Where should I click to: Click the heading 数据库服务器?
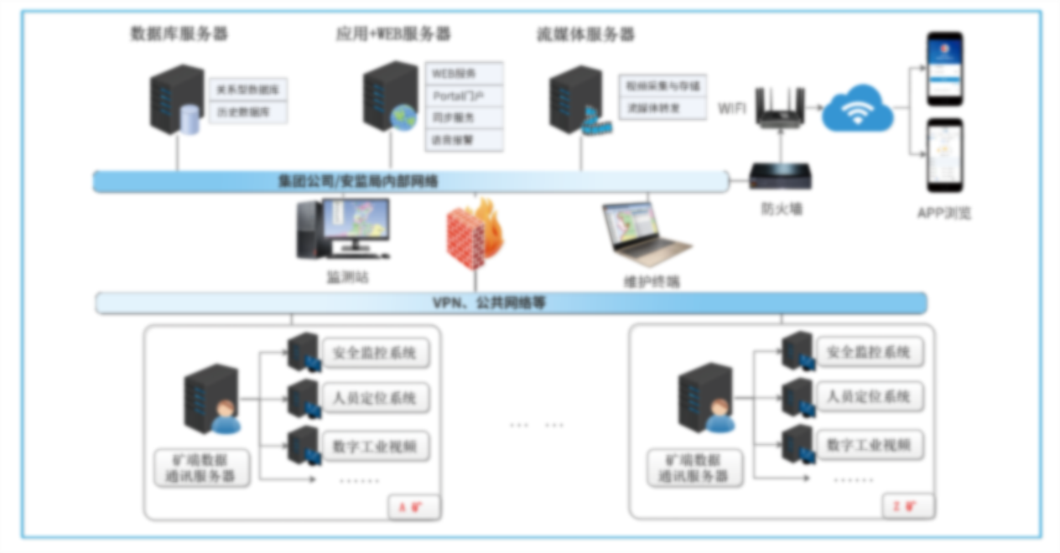179,34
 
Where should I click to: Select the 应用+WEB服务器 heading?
393,34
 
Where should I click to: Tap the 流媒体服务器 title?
585,34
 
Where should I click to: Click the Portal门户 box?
464,96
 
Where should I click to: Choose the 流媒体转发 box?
662,108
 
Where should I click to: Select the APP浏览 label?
944,213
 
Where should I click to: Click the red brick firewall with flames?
475,234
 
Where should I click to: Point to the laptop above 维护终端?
645,235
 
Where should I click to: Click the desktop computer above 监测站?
344,228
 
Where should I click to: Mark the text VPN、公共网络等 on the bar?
488,302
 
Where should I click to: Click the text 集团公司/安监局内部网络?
359,181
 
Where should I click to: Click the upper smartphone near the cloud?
944,69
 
